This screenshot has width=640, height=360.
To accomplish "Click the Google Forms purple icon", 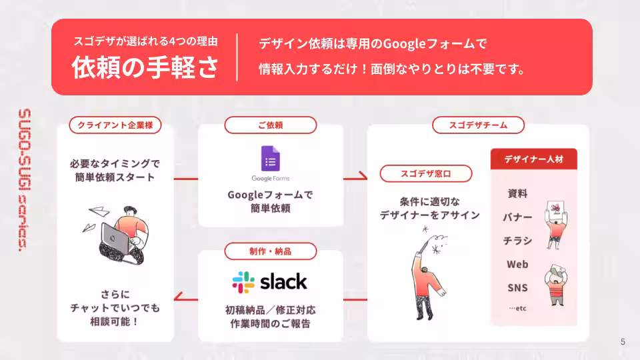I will tap(270, 159).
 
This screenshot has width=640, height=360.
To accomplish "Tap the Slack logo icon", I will tap(243, 282).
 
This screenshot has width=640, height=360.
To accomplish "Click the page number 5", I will tap(623, 342).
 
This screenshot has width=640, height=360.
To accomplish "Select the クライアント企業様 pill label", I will tap(115, 125).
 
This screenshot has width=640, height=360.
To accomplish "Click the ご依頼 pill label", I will tap(270, 125).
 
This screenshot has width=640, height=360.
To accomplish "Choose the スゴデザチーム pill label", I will tap(478, 125).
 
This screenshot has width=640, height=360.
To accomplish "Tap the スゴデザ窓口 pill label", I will tap(426, 174).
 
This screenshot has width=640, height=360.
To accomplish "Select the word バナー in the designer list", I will tap(517, 217).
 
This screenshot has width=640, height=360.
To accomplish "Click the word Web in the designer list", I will tap(517, 265).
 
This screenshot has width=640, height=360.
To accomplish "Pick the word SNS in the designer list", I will tap(517, 288).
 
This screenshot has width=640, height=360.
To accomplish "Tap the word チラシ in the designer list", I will tap(517, 241).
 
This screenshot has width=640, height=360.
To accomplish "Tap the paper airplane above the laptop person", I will tap(98, 211).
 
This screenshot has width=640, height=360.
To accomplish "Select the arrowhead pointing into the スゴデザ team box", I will tap(364, 177).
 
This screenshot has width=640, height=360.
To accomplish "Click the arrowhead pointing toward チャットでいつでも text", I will tap(177, 299).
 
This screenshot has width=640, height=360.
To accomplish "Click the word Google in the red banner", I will tap(405, 44).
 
